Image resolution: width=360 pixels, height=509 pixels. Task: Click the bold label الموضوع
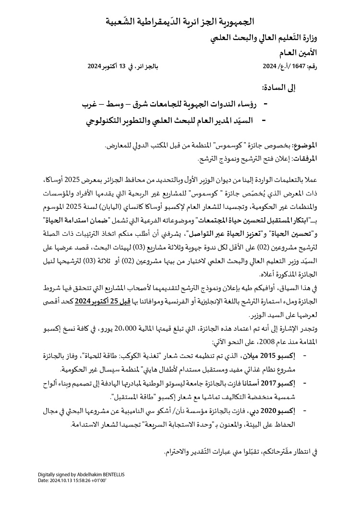(306, 145)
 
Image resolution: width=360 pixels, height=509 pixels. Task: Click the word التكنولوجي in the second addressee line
(104, 121)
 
